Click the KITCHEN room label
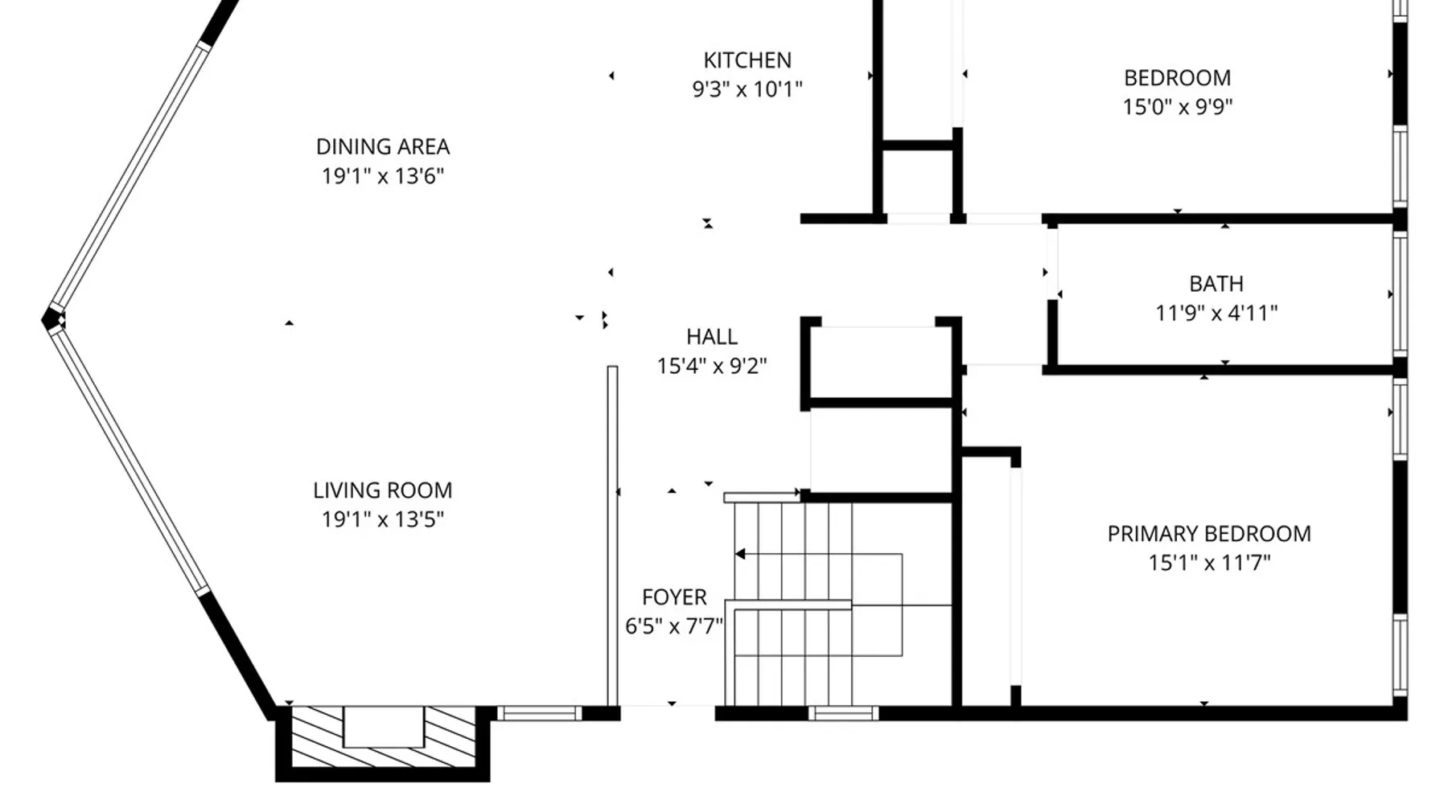coord(747,60)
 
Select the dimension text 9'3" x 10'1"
coord(747,89)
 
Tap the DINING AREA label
coord(383,147)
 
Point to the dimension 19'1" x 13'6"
coord(383,176)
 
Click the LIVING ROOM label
coord(383,490)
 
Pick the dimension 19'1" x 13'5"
coord(383,519)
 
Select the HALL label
coord(712,337)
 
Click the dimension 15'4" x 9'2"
coord(712,367)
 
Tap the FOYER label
coord(674,597)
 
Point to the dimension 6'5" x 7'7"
coord(674,626)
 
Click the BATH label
coord(1216,284)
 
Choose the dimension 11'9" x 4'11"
coord(1216,313)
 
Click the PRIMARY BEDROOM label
coord(1209,534)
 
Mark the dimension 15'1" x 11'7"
coord(1209,563)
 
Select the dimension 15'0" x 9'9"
coord(1178,107)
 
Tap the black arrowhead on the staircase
coord(740,554)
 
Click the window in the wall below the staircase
coord(843,713)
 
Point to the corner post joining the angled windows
coord(54,320)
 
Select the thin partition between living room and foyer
coord(612,536)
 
